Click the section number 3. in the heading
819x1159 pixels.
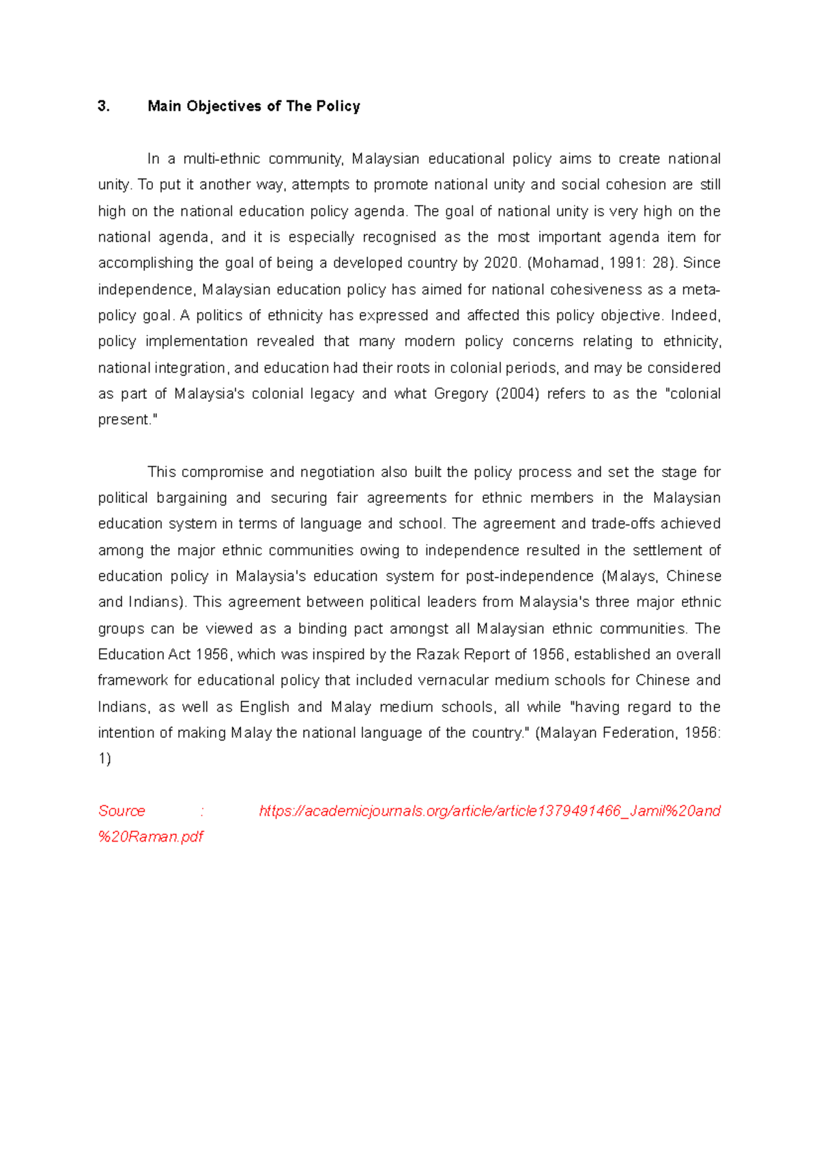[x=104, y=106]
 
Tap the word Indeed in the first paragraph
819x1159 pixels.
[x=695, y=315]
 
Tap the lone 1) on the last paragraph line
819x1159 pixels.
[x=104, y=759]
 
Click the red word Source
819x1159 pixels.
[x=121, y=811]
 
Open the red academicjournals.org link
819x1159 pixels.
[x=489, y=811]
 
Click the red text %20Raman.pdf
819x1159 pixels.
[x=151, y=837]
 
